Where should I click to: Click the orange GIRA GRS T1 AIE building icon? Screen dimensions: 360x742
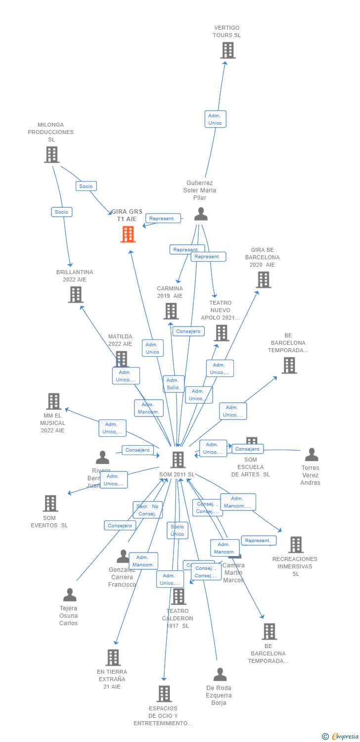tap(128, 234)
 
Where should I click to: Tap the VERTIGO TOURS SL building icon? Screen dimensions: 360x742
tap(227, 50)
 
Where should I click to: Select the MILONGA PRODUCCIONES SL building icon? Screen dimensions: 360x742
tap(51, 155)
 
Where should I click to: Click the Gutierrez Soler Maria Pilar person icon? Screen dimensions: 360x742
tap(200, 214)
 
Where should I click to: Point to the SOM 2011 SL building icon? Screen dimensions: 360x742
tap(178, 460)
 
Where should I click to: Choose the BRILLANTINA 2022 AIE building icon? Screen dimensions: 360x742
tap(75, 295)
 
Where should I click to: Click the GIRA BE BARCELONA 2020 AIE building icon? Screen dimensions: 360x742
tap(263, 279)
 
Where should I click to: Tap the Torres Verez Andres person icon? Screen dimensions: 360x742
tap(311, 454)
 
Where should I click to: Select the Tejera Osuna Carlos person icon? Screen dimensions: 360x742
tap(70, 595)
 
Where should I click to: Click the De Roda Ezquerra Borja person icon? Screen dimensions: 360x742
tap(220, 674)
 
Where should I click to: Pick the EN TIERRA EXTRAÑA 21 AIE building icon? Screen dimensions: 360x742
tap(113, 657)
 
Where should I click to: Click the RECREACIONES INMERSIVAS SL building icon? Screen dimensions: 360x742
tap(296, 545)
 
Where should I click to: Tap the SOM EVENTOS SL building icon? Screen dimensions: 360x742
tap(50, 503)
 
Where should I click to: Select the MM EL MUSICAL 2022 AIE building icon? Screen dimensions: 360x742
tap(53, 401)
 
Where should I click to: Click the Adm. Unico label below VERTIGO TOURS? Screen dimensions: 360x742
tap(215, 119)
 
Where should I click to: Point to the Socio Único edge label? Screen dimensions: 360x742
tap(177, 530)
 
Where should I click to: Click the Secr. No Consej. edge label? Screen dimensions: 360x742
tap(147, 510)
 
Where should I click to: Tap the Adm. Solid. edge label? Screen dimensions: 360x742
tap(174, 384)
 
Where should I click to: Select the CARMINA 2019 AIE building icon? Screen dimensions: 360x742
tap(171, 311)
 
